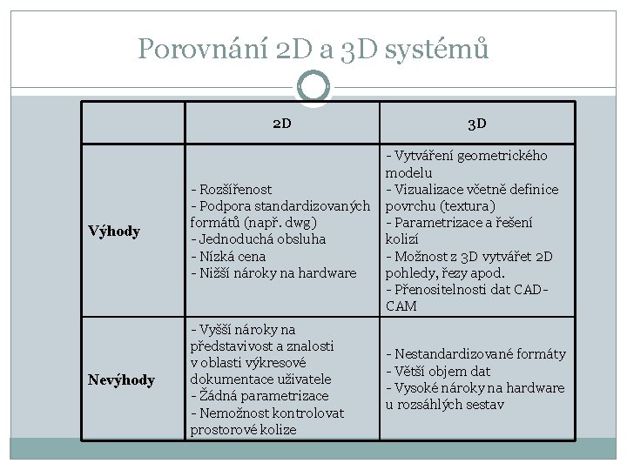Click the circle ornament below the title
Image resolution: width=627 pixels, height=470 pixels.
pyautogui.click(x=313, y=85)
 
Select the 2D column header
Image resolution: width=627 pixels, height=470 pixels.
pyautogui.click(x=281, y=123)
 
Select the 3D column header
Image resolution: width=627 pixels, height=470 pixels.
pyautogui.click(x=476, y=123)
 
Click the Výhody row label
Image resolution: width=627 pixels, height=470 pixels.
pyautogui.click(x=114, y=231)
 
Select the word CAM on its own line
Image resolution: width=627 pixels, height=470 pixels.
pyautogui.click(x=401, y=306)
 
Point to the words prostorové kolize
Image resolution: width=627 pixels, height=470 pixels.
pyautogui.click(x=243, y=430)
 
